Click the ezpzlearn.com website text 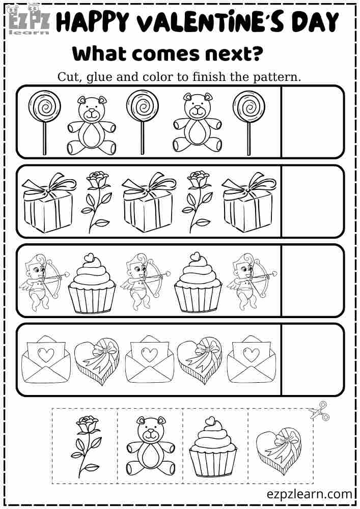pyautogui.click(x=309, y=494)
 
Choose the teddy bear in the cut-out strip pyautogui.click(x=150, y=446)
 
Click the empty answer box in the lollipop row pyautogui.click(x=312, y=122)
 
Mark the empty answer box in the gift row pyautogui.click(x=312, y=201)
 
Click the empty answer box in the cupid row pyautogui.click(x=312, y=280)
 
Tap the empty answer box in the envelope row pyautogui.click(x=312, y=359)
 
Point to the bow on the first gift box pyautogui.click(x=48, y=188)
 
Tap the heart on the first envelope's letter pyautogui.click(x=46, y=355)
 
